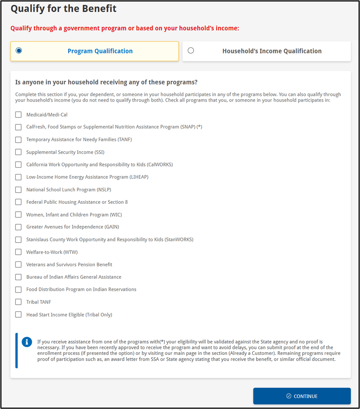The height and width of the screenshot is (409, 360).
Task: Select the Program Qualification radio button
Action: coord(19,50)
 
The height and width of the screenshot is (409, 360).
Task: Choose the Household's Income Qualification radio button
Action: coord(191,50)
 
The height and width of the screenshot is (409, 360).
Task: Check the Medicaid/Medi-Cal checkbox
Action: coord(18,115)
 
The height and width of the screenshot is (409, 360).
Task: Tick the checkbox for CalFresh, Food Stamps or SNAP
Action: coord(18,127)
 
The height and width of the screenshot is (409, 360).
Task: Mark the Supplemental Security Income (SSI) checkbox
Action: coord(18,152)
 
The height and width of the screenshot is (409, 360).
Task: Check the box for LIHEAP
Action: coord(18,177)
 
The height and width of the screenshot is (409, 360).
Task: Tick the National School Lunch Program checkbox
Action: coord(18,190)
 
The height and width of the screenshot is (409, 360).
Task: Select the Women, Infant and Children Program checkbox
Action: coord(18,214)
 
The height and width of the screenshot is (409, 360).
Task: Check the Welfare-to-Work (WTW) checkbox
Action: coord(18,252)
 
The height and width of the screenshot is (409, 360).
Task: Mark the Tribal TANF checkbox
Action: coord(18,302)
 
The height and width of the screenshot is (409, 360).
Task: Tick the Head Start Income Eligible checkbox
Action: coord(18,314)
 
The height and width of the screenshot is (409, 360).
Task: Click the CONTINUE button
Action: coord(302,396)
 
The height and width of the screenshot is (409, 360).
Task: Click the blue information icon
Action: coord(27,342)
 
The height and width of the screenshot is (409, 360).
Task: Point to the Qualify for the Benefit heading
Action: coord(63,9)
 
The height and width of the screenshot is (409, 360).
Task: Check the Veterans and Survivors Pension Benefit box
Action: coord(18,264)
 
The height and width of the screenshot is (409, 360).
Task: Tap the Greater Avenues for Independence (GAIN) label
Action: coord(73,227)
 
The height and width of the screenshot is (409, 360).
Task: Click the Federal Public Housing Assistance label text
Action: coord(77,202)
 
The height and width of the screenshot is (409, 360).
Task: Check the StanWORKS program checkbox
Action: coord(18,240)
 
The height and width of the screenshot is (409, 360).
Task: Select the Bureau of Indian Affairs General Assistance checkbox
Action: coord(18,277)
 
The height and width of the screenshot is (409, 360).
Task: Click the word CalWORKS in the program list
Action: coord(160,165)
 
